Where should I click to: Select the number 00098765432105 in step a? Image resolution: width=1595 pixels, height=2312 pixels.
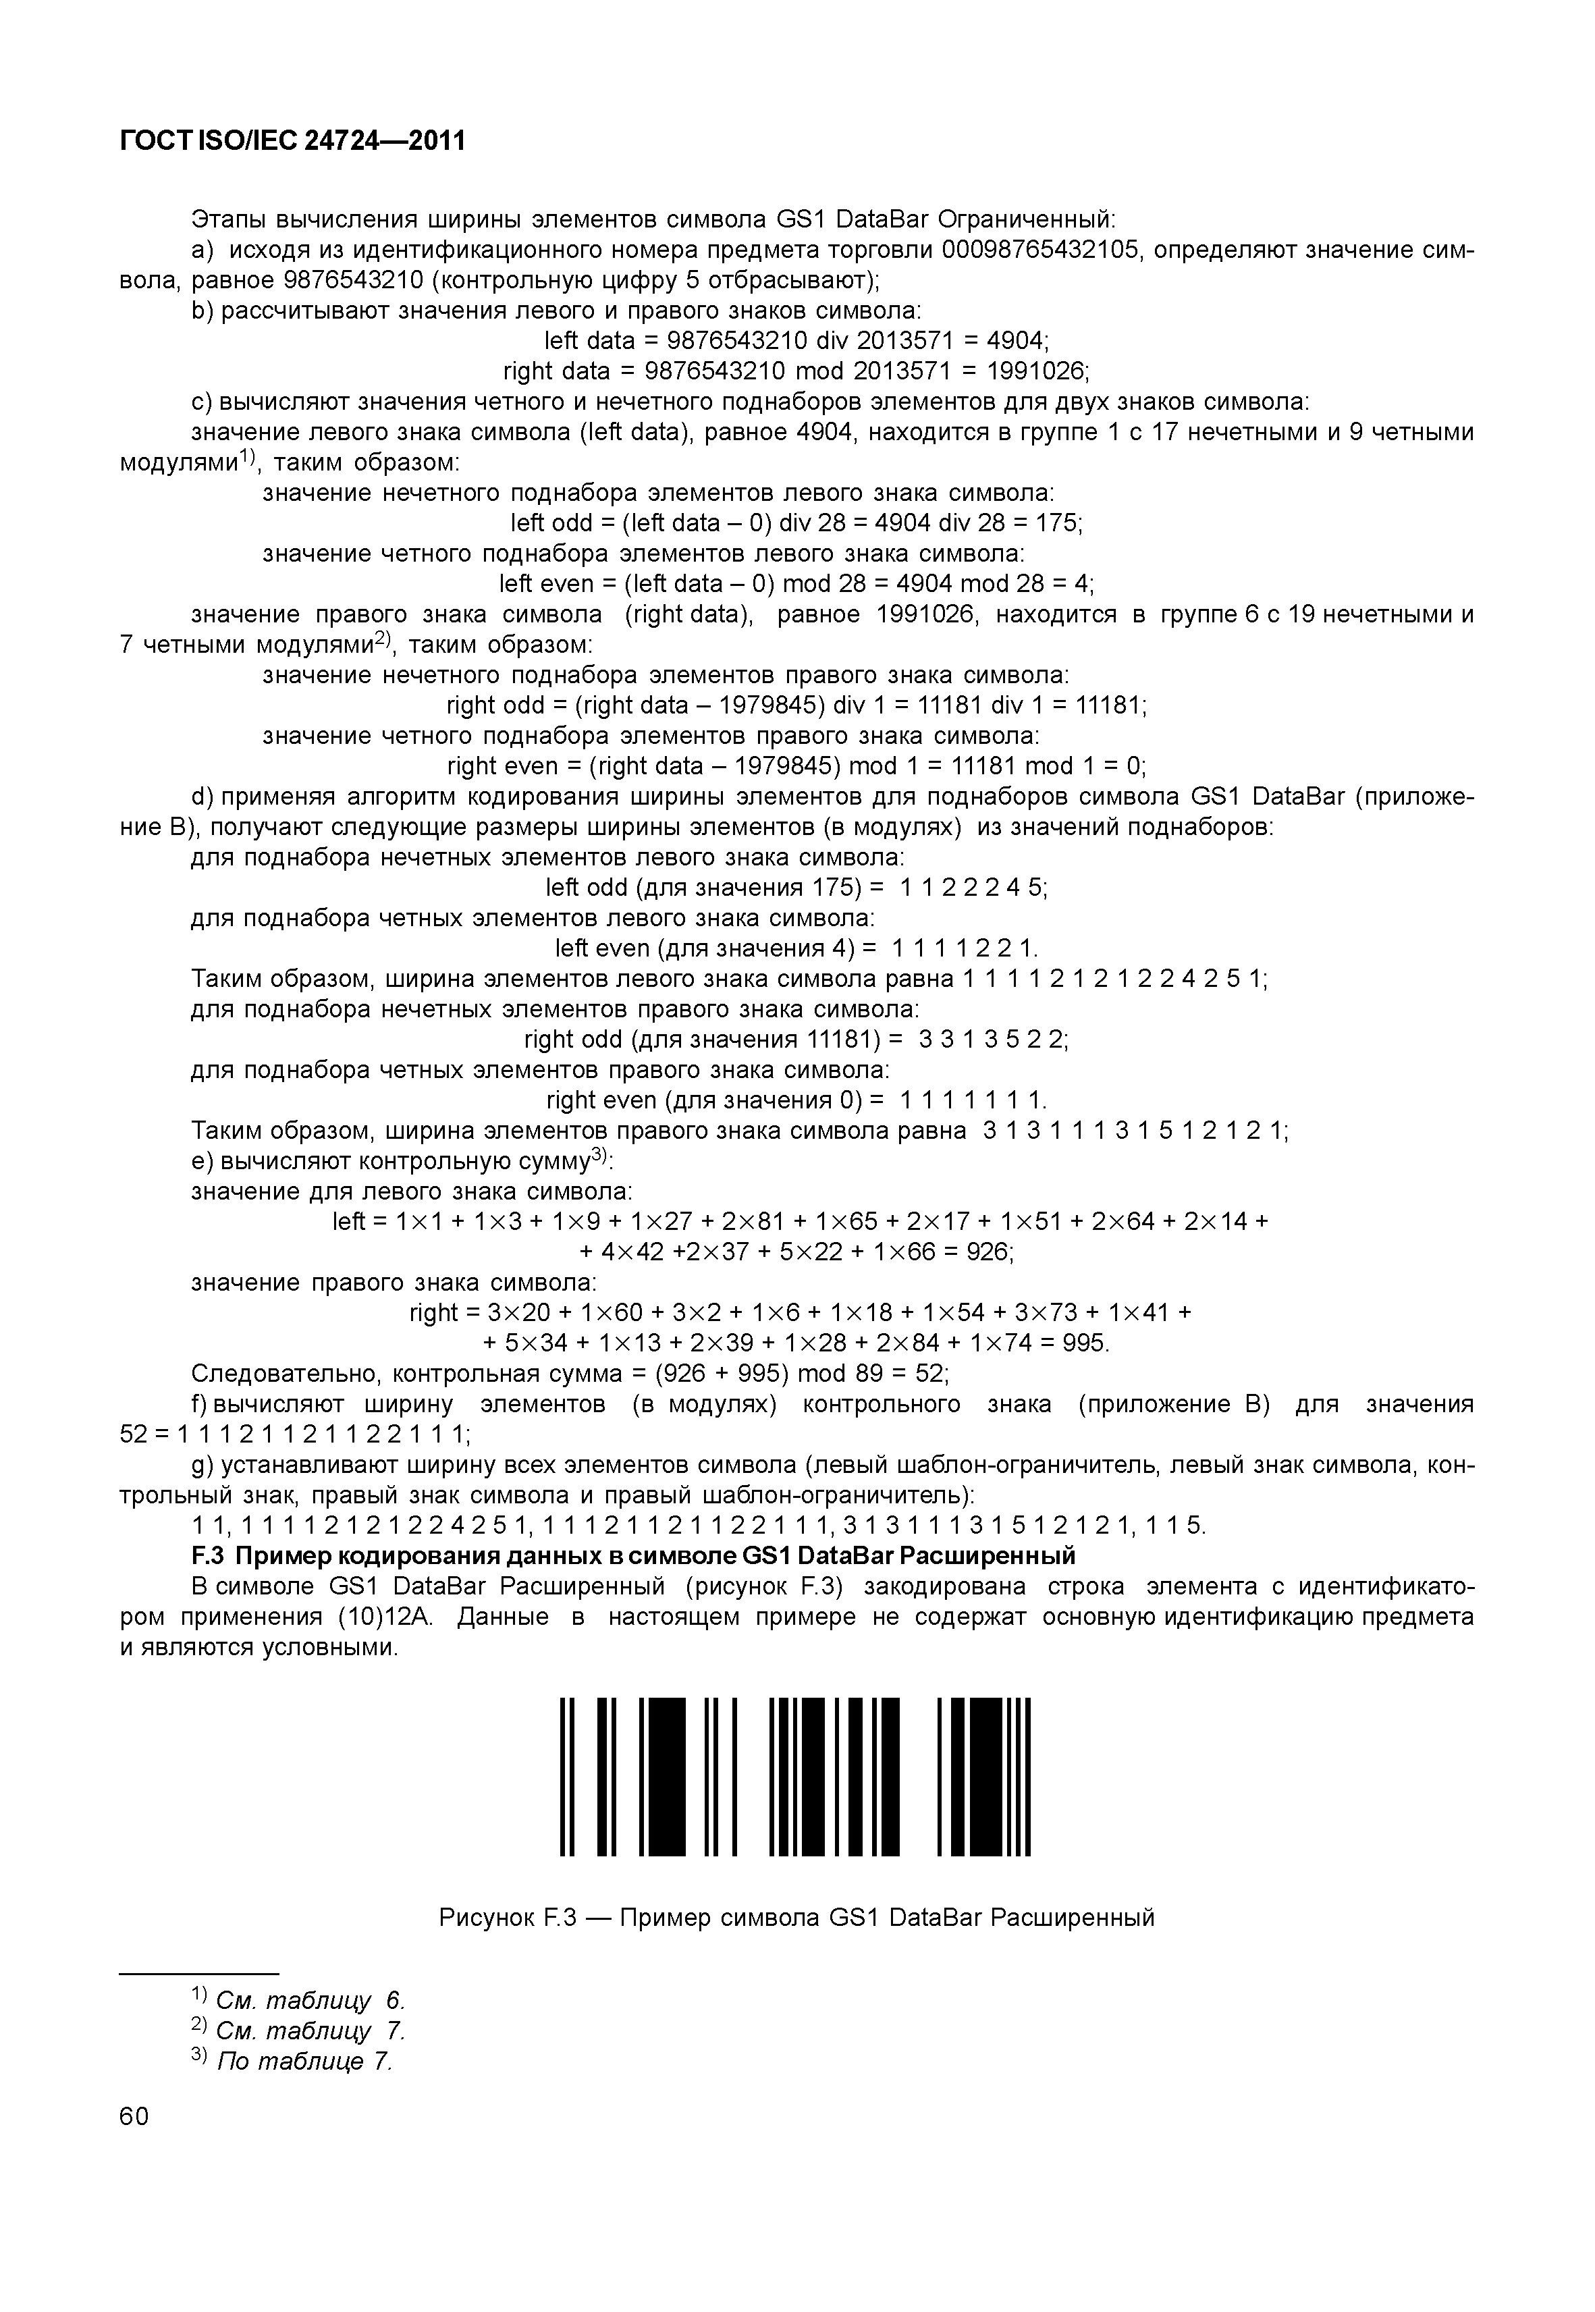tap(1039, 249)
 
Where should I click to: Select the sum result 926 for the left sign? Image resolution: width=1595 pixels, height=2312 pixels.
tap(988, 1252)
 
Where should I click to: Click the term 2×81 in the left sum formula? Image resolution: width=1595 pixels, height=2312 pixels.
tap(755, 1221)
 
